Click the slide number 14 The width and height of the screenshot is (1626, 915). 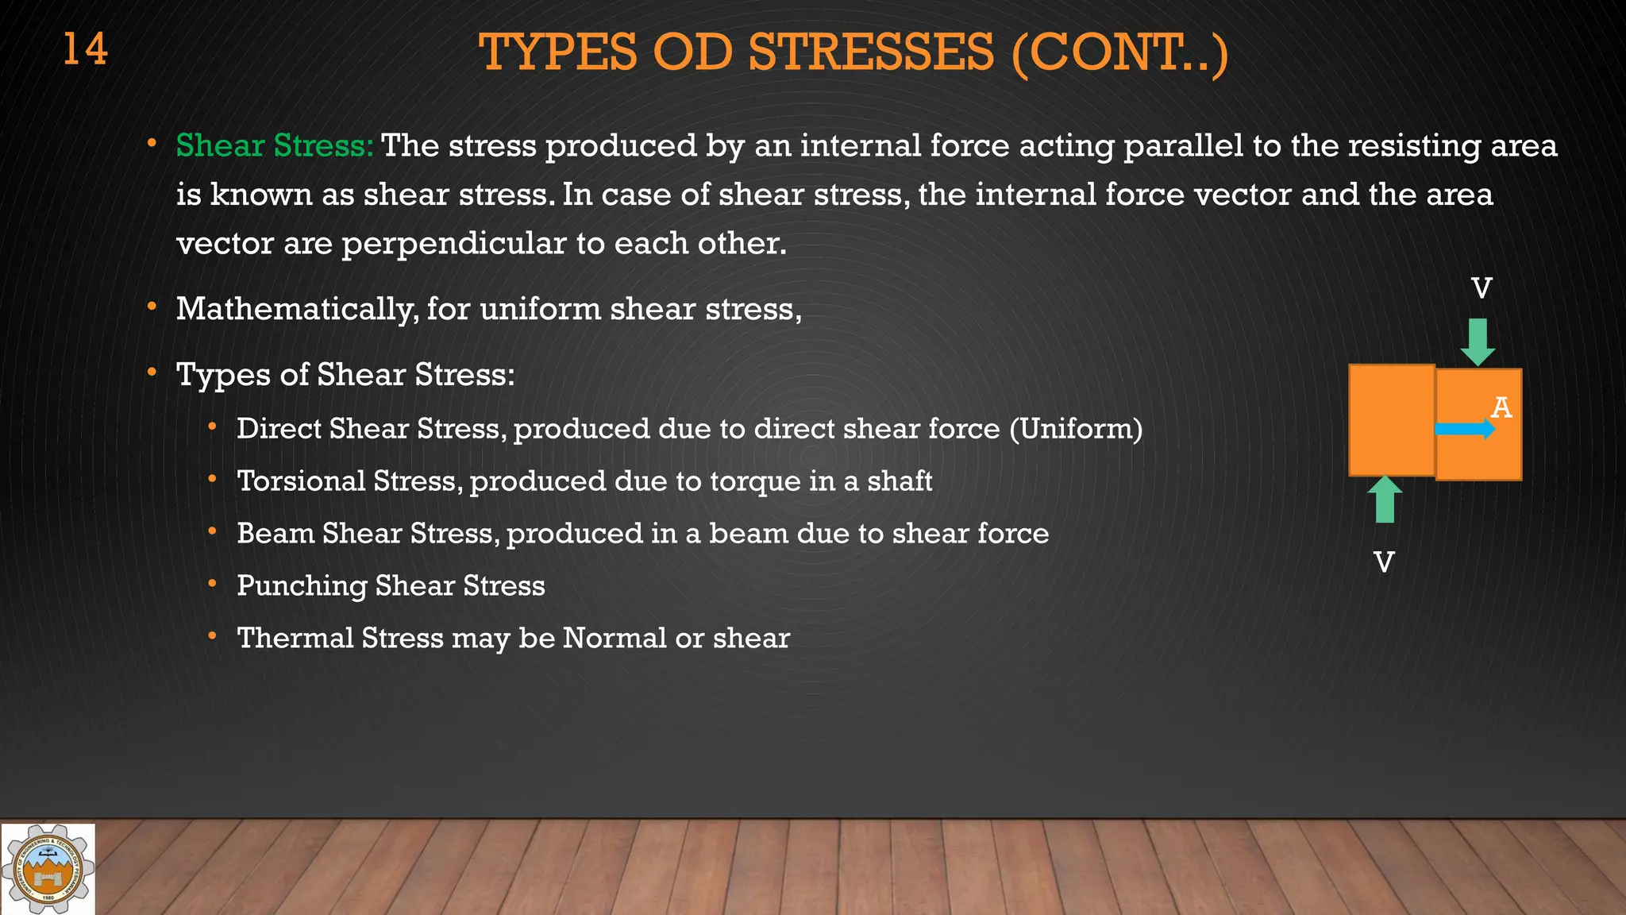(x=85, y=49)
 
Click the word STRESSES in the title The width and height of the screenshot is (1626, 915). (x=870, y=52)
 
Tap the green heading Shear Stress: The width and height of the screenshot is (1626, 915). (x=274, y=146)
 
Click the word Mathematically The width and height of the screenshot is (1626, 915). (x=296, y=309)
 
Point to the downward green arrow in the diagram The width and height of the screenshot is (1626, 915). (x=1478, y=342)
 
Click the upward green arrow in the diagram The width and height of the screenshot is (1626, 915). (x=1385, y=500)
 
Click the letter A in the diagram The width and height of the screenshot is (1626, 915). (x=1501, y=407)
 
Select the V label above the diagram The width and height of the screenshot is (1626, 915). (x=1482, y=288)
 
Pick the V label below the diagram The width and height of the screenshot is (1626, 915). (x=1384, y=562)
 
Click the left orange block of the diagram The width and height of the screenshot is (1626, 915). (x=1391, y=419)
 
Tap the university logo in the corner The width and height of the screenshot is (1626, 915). (x=48, y=869)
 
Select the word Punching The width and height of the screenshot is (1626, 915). (x=302, y=586)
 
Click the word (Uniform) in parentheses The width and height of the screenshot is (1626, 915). (x=1076, y=429)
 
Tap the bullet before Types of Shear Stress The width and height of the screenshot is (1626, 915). (x=152, y=373)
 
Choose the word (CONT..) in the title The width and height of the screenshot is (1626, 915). (x=1119, y=52)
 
